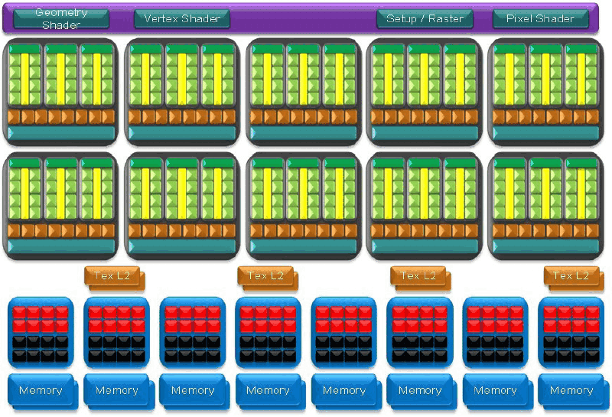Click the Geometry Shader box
tap(61, 18)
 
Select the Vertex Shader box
tap(182, 18)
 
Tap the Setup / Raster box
tap(425, 18)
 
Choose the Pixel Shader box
tap(541, 18)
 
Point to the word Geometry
tap(61, 12)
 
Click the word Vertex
tap(160, 18)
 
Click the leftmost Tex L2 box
tap(114, 279)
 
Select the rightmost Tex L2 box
tap(574, 279)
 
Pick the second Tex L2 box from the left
tap(268, 279)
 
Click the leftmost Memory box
tap(43, 392)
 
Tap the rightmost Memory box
tap(573, 392)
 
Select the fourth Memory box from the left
tap(270, 392)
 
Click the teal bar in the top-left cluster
tap(61, 133)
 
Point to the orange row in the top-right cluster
tap(545, 117)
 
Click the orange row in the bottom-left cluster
tap(61, 231)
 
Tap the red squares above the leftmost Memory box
tap(41, 319)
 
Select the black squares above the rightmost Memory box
tap(571, 349)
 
